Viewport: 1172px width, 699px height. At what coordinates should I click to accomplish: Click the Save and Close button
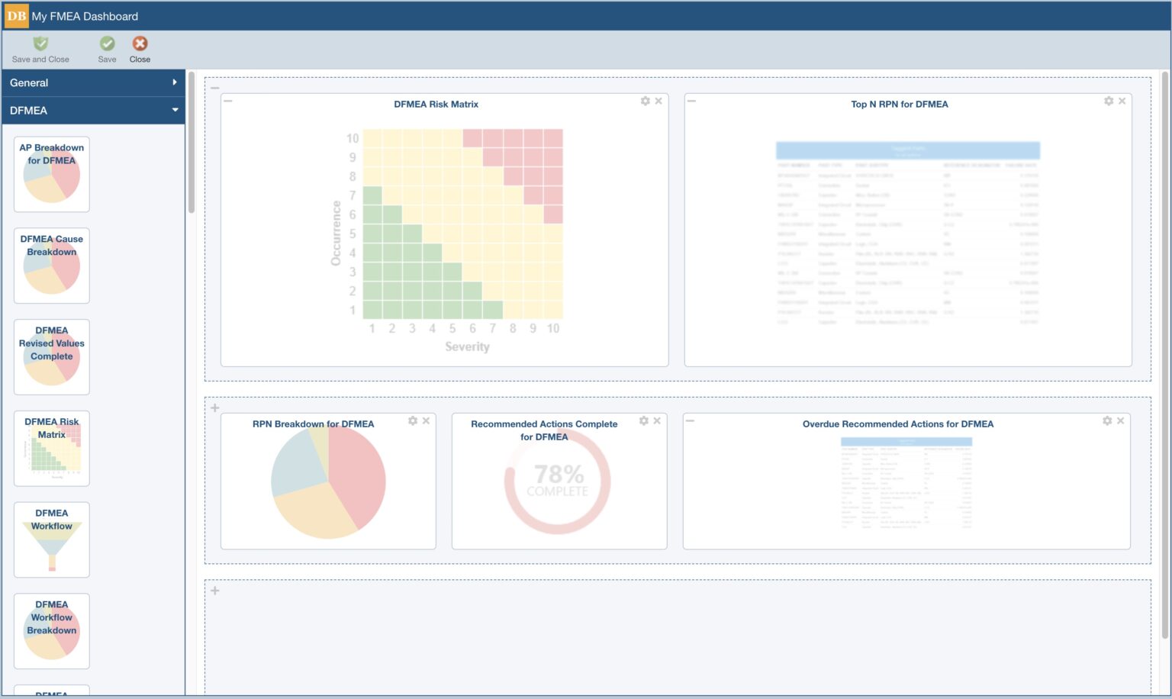[x=40, y=50]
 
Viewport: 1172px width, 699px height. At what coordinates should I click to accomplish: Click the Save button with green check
[x=108, y=50]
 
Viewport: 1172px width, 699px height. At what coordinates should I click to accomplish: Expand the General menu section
[x=92, y=82]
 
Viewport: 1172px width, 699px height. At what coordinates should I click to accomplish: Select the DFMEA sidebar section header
[x=92, y=111]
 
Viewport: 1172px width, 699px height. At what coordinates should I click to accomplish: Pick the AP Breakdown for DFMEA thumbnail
[x=52, y=174]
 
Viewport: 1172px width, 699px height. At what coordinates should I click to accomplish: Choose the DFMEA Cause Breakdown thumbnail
[x=52, y=266]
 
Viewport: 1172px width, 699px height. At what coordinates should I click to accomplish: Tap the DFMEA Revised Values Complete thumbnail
[x=52, y=357]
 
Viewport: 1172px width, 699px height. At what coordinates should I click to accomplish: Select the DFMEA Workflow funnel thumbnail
[x=52, y=540]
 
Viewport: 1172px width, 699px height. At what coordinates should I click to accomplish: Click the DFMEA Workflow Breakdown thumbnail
[x=52, y=631]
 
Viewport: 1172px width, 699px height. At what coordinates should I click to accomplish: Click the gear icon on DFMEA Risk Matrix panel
[x=646, y=101]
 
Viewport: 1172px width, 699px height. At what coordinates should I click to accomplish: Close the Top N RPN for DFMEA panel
[x=1122, y=101]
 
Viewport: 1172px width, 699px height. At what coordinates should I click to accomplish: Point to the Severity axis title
[x=467, y=346]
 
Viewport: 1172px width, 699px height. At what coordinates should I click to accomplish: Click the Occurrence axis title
[x=336, y=233]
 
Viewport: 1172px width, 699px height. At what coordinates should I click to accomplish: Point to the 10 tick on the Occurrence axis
[x=352, y=138]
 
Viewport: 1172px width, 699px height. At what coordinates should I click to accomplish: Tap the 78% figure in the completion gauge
[x=559, y=474]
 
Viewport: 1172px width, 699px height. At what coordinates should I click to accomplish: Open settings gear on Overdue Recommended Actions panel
[x=1107, y=420]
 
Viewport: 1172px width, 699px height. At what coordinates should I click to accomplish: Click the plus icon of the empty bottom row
[x=215, y=591]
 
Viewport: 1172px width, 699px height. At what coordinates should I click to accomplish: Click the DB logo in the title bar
[x=16, y=16]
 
